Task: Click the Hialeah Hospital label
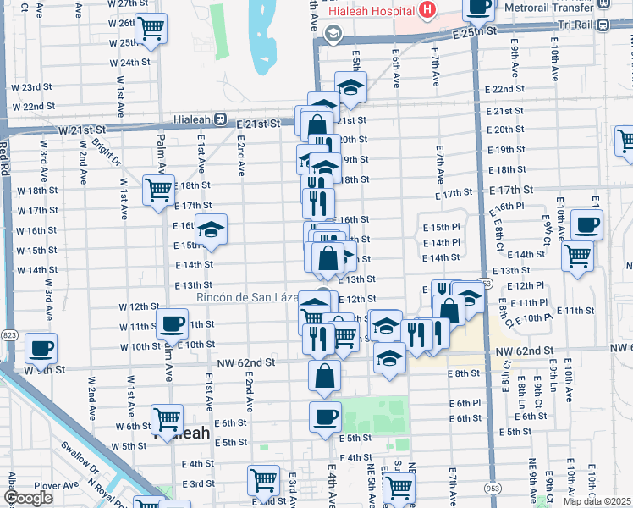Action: (376, 10)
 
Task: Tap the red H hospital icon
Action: (427, 10)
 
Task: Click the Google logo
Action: (29, 498)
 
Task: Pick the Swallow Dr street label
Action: (77, 460)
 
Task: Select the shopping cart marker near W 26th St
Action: (151, 28)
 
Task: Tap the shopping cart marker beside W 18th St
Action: (158, 190)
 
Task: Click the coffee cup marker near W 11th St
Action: (173, 323)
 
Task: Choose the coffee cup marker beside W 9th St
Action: (41, 347)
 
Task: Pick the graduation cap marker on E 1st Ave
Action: (211, 229)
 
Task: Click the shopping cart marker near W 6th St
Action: (167, 418)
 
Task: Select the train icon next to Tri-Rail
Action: (604, 25)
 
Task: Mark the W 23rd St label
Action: (38, 87)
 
